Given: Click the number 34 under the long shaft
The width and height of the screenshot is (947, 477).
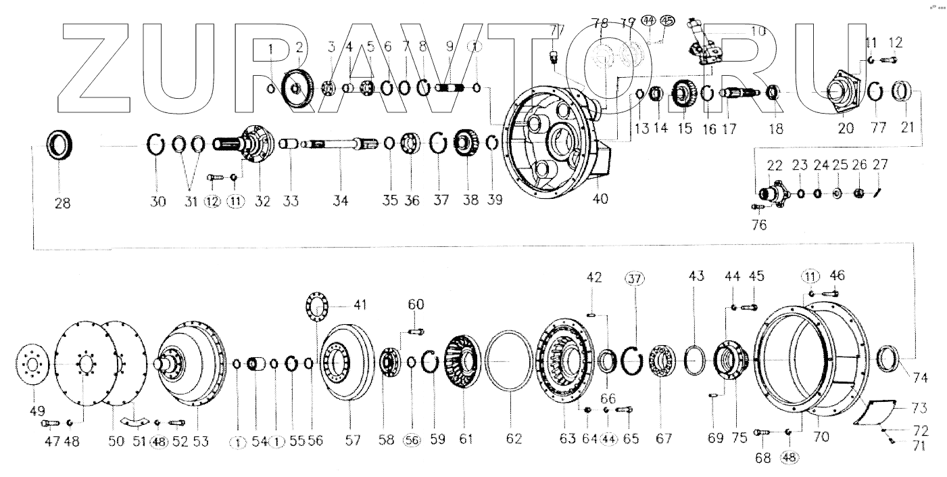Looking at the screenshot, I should [x=341, y=201].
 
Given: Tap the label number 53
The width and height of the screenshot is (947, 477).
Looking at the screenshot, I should [x=201, y=441].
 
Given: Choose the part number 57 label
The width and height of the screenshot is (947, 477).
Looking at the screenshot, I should [x=354, y=440].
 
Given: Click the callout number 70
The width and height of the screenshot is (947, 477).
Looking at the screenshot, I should [x=821, y=437].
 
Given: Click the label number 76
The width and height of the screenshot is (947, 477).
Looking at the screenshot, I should [x=759, y=225].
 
